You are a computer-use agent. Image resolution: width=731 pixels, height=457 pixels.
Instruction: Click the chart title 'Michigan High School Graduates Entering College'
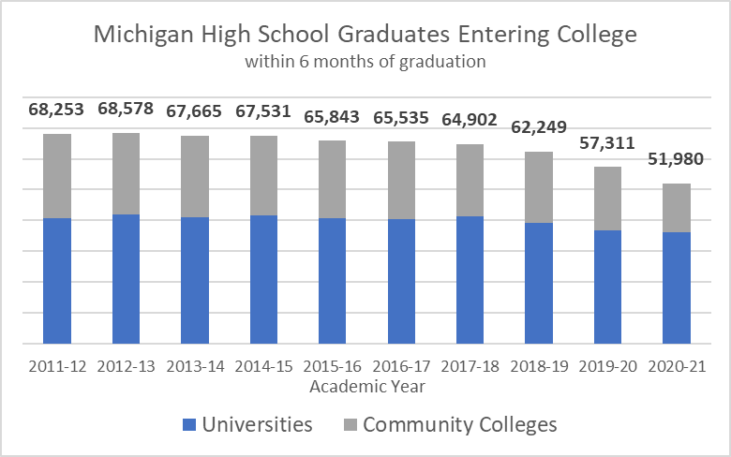[365, 36]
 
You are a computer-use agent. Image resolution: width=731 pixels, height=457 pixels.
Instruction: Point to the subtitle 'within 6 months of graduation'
[365, 62]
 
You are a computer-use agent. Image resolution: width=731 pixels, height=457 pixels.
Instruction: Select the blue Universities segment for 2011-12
[57, 281]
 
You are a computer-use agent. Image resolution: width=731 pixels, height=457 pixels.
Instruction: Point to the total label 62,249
[539, 126]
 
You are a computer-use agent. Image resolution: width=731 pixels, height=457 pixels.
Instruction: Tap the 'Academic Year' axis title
[365, 386]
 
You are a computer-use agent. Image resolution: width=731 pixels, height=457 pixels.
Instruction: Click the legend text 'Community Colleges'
[459, 425]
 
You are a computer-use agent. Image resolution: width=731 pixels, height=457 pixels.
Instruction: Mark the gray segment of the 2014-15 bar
[263, 176]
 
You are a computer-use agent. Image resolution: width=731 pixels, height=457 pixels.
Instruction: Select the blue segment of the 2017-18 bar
[470, 280]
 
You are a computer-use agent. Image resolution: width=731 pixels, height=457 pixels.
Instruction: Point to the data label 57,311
[607, 143]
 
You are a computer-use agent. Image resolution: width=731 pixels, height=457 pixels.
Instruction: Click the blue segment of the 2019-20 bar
[607, 287]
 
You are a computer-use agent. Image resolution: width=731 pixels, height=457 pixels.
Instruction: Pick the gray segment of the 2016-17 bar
[401, 181]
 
